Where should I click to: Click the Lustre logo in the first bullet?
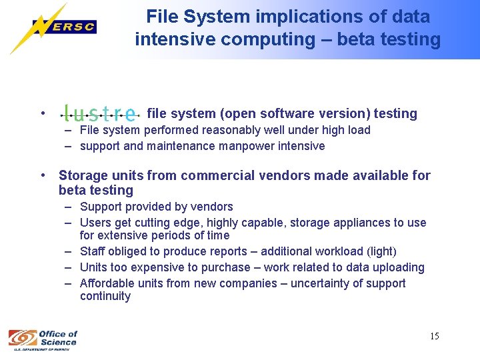(101, 113)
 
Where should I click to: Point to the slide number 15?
(434, 336)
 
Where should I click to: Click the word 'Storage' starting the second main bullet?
(82, 175)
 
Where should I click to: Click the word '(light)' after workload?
(378, 251)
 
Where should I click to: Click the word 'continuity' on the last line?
(105, 296)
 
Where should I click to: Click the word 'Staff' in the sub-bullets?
(92, 251)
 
